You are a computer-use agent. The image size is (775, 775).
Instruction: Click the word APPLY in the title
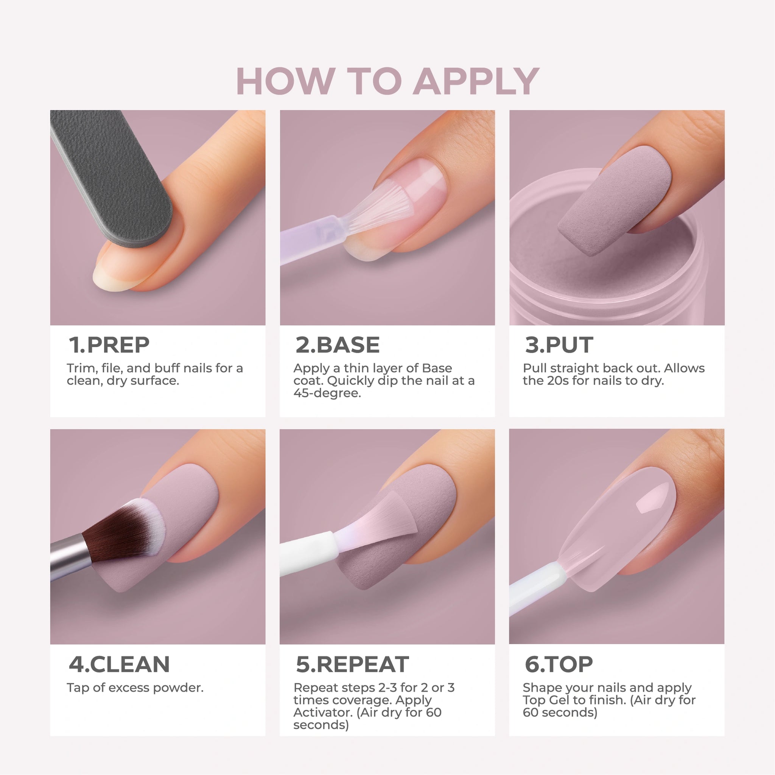476,81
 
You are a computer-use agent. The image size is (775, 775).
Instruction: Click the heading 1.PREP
109,345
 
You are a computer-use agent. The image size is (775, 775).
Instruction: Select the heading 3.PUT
559,345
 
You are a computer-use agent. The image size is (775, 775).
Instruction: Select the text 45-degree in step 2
327,393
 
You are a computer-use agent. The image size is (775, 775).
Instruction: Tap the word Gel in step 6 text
559,700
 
